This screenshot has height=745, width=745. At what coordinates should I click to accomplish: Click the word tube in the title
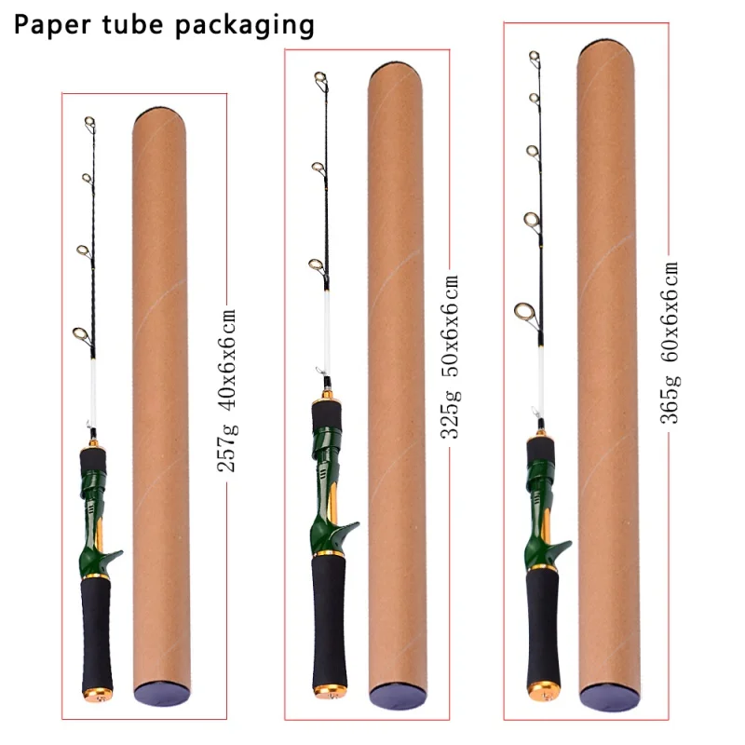(x=132, y=24)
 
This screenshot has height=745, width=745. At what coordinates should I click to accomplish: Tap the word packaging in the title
(x=245, y=26)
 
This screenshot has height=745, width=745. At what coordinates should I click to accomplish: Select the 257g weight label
(x=227, y=448)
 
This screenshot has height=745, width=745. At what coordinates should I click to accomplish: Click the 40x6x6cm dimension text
(x=227, y=359)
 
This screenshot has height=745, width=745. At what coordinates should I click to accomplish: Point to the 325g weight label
(x=451, y=413)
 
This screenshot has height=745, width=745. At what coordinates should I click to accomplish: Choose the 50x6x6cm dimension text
(x=451, y=326)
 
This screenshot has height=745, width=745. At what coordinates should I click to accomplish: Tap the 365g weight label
(x=670, y=400)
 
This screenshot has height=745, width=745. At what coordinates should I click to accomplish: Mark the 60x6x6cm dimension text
(x=670, y=312)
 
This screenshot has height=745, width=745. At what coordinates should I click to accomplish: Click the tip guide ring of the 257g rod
(x=89, y=123)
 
